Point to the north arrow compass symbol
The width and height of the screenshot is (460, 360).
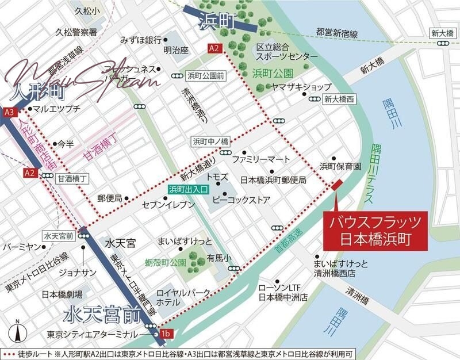tap(18, 332)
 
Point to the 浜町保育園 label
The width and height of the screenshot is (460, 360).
tap(340, 166)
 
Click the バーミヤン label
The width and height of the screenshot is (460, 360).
tap(24, 247)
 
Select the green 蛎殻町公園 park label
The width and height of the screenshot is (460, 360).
tap(166, 262)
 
